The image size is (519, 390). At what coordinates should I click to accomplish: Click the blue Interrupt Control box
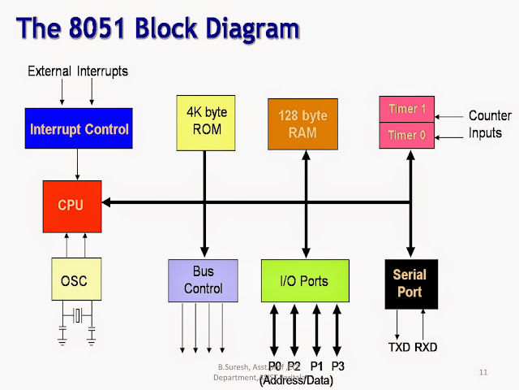click(x=78, y=128)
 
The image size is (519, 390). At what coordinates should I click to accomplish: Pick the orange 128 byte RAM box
click(x=302, y=123)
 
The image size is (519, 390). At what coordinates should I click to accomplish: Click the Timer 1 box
click(x=406, y=109)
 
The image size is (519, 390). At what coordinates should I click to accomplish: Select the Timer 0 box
click(x=406, y=135)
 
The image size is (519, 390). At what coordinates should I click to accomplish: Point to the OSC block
click(x=74, y=280)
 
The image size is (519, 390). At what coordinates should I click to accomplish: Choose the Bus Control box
click(x=203, y=281)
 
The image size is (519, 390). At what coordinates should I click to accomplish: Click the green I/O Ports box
click(x=305, y=281)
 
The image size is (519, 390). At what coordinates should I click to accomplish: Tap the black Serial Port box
click(x=410, y=284)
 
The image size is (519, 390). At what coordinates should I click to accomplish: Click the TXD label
click(x=398, y=347)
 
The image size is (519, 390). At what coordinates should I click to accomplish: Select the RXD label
click(x=427, y=347)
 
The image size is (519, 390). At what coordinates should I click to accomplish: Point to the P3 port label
click(x=337, y=366)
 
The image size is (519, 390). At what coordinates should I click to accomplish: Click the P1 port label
click(x=316, y=366)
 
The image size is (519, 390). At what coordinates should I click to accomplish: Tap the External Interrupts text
click(x=78, y=71)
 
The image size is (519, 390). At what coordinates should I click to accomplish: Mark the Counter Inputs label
click(x=490, y=124)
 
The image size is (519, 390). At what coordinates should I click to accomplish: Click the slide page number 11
click(x=483, y=372)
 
